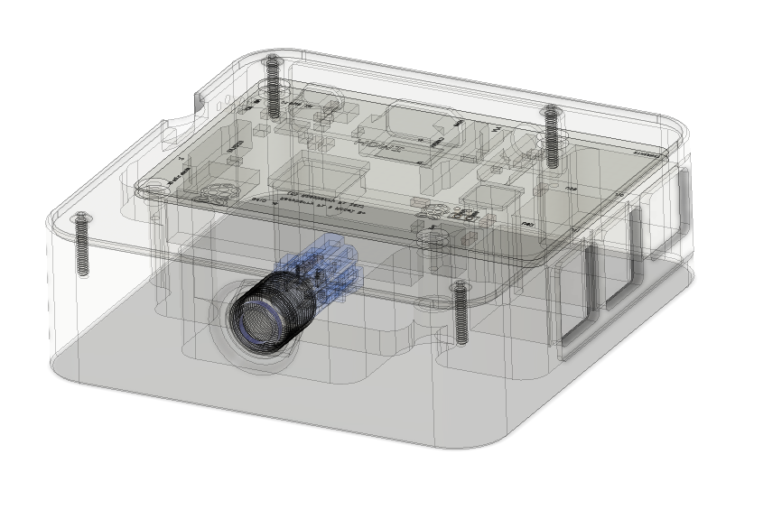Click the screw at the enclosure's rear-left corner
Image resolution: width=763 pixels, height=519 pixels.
coord(272,86)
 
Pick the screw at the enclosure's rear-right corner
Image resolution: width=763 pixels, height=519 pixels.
coord(549,135)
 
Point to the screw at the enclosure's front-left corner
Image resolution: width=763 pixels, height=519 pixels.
coord(82,244)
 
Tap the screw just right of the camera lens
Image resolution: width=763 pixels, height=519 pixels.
coord(461,311)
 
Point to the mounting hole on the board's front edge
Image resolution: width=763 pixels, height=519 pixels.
coord(433,236)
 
